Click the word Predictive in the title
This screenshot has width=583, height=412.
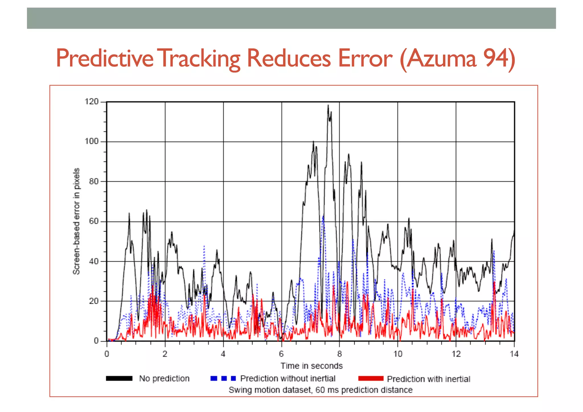tap(104, 58)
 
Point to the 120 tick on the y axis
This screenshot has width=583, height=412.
tap(91, 102)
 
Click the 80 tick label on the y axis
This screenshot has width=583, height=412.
tap(94, 181)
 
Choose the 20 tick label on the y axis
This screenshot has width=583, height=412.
tap(94, 301)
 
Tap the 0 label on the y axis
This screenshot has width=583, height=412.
tap(96, 341)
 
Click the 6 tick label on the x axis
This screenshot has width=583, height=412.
tap(281, 354)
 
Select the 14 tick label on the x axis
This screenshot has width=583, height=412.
tap(514, 354)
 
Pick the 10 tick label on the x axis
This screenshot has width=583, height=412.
tap(398, 354)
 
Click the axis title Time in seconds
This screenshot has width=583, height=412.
tap(311, 366)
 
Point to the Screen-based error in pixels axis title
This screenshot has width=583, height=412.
tap(76, 221)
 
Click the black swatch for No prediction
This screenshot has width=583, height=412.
tap(119, 378)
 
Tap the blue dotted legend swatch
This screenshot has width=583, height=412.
tap(223, 378)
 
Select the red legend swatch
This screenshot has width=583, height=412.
tap(371, 378)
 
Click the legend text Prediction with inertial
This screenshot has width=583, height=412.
tap(428, 379)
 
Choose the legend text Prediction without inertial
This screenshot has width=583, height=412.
tap(288, 378)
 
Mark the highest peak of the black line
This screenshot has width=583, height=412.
tap(328, 106)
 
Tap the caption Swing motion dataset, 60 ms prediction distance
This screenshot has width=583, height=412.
tap(321, 390)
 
